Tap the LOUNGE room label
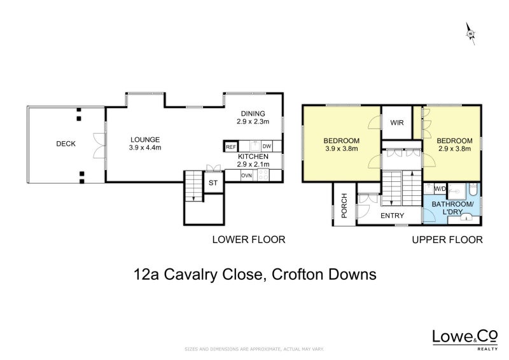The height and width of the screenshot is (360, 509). [x=145, y=140]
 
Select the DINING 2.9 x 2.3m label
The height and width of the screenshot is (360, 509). [x=253, y=116]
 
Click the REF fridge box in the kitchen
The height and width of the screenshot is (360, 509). [x=230, y=146]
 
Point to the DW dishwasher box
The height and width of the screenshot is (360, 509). [x=267, y=146]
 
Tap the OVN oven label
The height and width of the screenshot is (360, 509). [x=246, y=174]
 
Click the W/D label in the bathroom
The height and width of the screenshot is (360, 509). [x=440, y=189]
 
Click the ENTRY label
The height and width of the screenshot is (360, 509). [x=393, y=216]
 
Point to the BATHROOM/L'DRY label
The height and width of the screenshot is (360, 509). [x=452, y=208]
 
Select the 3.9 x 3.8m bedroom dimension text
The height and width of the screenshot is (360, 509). [x=342, y=149]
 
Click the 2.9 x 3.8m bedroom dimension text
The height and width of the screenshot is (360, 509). [x=454, y=149]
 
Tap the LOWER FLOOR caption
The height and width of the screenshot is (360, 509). [x=248, y=240]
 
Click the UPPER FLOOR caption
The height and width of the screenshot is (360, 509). [x=447, y=240]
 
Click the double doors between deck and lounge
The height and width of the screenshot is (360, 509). [x=97, y=144]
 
